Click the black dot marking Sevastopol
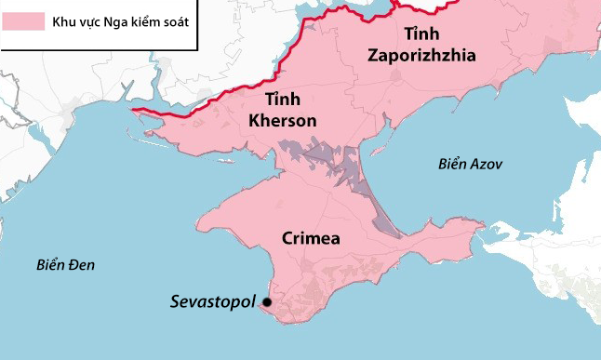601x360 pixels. coord(267,302)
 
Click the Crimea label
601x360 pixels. coord(310,238)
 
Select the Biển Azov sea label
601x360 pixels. coord(470,164)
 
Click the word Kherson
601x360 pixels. coord(283,121)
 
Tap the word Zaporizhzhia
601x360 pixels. coord(421,55)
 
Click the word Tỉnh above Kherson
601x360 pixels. coord(283,100)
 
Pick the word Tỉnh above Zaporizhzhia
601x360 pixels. coord(421,34)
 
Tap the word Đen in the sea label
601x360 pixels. coord(81,265)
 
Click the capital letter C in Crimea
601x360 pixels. coord(287,238)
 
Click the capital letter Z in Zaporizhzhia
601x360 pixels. coord(373,55)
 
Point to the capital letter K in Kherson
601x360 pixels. coord(255,121)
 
